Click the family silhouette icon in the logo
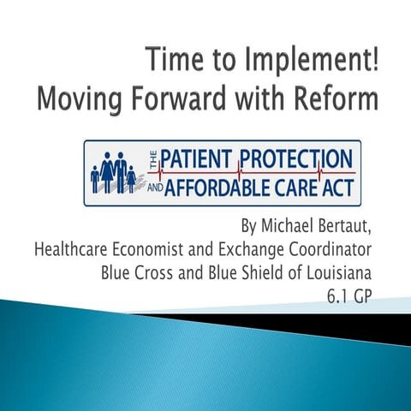(x=113, y=172)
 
